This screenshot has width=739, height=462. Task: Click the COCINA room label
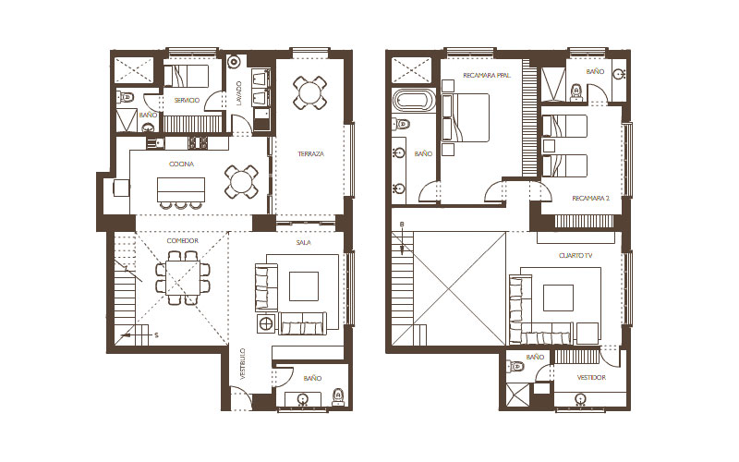(x=181, y=164)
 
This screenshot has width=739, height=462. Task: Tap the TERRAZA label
(x=310, y=153)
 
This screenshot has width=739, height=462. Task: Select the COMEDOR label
(x=182, y=240)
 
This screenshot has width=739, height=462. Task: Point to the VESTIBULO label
(x=243, y=364)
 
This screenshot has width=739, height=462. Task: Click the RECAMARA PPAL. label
(x=487, y=75)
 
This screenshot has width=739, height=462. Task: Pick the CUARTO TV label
(x=575, y=256)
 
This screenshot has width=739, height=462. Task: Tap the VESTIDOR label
(x=591, y=378)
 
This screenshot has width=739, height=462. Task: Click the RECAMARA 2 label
(x=590, y=199)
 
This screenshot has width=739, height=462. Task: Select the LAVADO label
(x=239, y=93)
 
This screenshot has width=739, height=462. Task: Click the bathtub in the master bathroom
(x=414, y=101)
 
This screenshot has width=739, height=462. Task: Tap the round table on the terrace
(x=309, y=92)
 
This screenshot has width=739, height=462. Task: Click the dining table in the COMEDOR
(x=183, y=278)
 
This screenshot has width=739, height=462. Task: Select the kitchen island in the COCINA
(x=181, y=189)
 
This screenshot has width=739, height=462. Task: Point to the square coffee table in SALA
(x=304, y=286)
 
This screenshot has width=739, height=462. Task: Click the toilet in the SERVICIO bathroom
(x=126, y=98)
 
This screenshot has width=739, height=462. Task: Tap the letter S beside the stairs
(x=156, y=335)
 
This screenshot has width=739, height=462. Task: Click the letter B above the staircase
(x=402, y=225)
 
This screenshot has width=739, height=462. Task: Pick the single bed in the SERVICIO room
(x=186, y=77)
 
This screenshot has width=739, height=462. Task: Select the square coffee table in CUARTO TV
(x=559, y=298)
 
